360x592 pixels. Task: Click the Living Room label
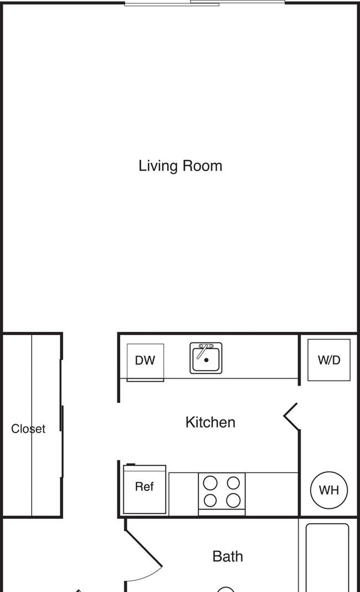point(180,166)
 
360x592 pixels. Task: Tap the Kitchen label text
point(210,422)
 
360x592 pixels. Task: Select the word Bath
point(228,556)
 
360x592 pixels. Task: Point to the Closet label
point(28,429)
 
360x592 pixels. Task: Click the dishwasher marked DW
point(145,361)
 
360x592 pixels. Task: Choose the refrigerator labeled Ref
point(145,488)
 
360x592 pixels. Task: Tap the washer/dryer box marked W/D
point(328,360)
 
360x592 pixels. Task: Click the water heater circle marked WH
point(328,490)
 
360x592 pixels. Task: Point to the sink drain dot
point(206,360)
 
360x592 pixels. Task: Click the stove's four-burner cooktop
point(222,493)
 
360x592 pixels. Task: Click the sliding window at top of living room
point(204,3)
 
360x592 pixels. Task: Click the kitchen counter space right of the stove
point(271,493)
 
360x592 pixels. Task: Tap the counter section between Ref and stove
point(183,493)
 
